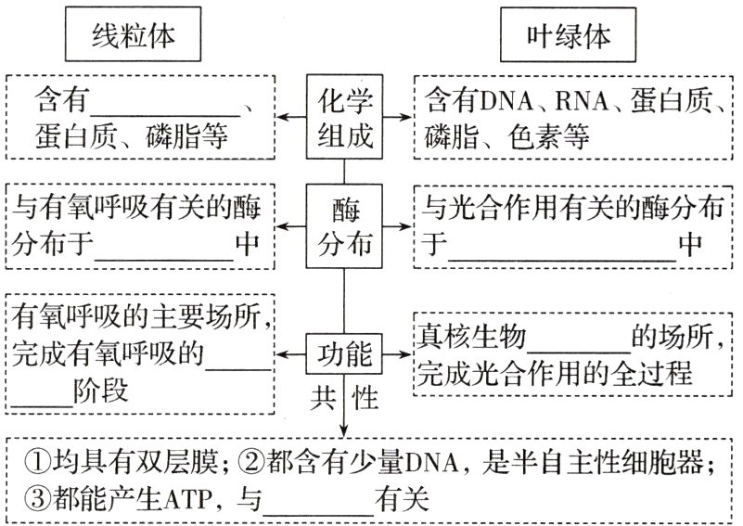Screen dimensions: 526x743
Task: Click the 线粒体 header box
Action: (135, 37)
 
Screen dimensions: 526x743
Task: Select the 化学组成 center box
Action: (344, 118)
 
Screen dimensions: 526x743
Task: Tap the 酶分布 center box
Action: (344, 226)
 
